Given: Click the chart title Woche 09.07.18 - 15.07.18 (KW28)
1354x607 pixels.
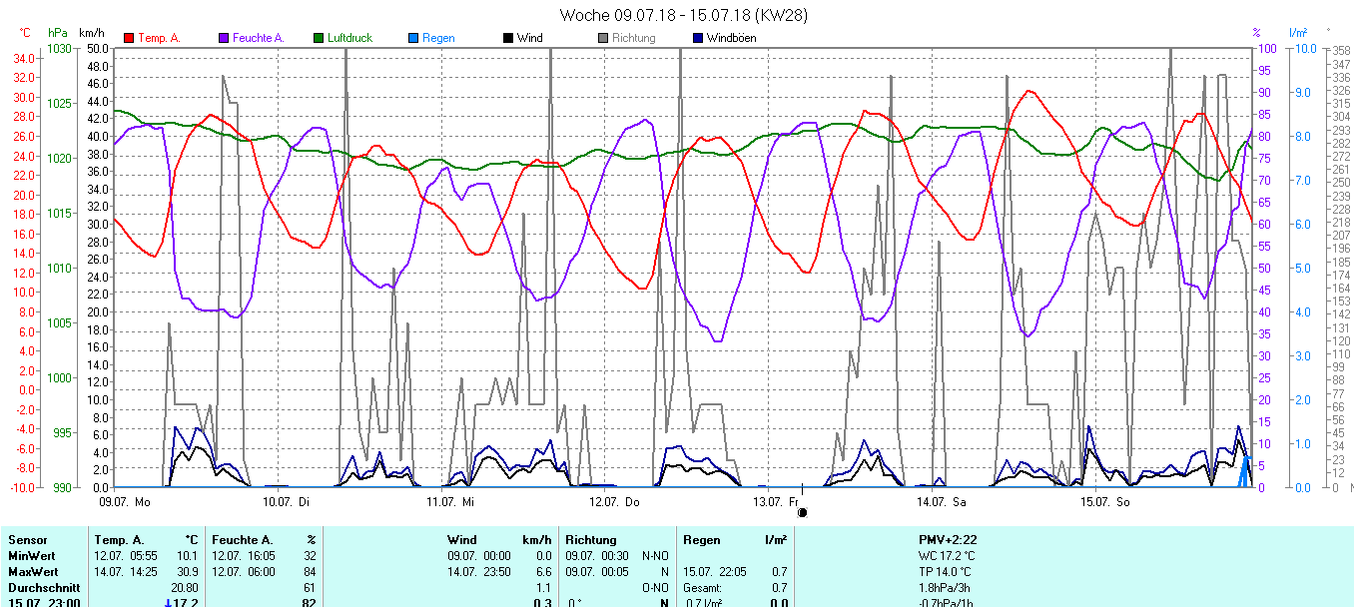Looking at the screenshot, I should coord(683,15).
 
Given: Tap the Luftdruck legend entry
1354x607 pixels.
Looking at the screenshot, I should coord(348,38).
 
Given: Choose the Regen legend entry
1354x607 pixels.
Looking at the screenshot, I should coord(438,38).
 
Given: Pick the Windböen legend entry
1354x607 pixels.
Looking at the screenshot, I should coord(731,38).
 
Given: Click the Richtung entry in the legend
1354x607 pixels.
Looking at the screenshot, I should coord(633,38).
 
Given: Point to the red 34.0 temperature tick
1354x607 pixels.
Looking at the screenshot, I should coord(21,59).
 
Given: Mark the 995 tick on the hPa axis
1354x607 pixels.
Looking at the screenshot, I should coord(62,432).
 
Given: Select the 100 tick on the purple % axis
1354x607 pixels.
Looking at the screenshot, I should coord(1264,49).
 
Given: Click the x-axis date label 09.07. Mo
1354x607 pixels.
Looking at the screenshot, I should coord(125,502).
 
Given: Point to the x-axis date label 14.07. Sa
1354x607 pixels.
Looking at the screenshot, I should coord(945,502).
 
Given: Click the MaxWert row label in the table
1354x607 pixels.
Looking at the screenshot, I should coord(31,571).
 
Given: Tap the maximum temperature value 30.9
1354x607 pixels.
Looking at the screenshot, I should coord(186,571).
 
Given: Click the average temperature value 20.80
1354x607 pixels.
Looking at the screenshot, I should coord(182,588).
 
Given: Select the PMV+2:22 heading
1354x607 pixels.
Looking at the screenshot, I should coord(948,540).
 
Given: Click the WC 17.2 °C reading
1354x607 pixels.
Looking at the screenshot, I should coord(947,555).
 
